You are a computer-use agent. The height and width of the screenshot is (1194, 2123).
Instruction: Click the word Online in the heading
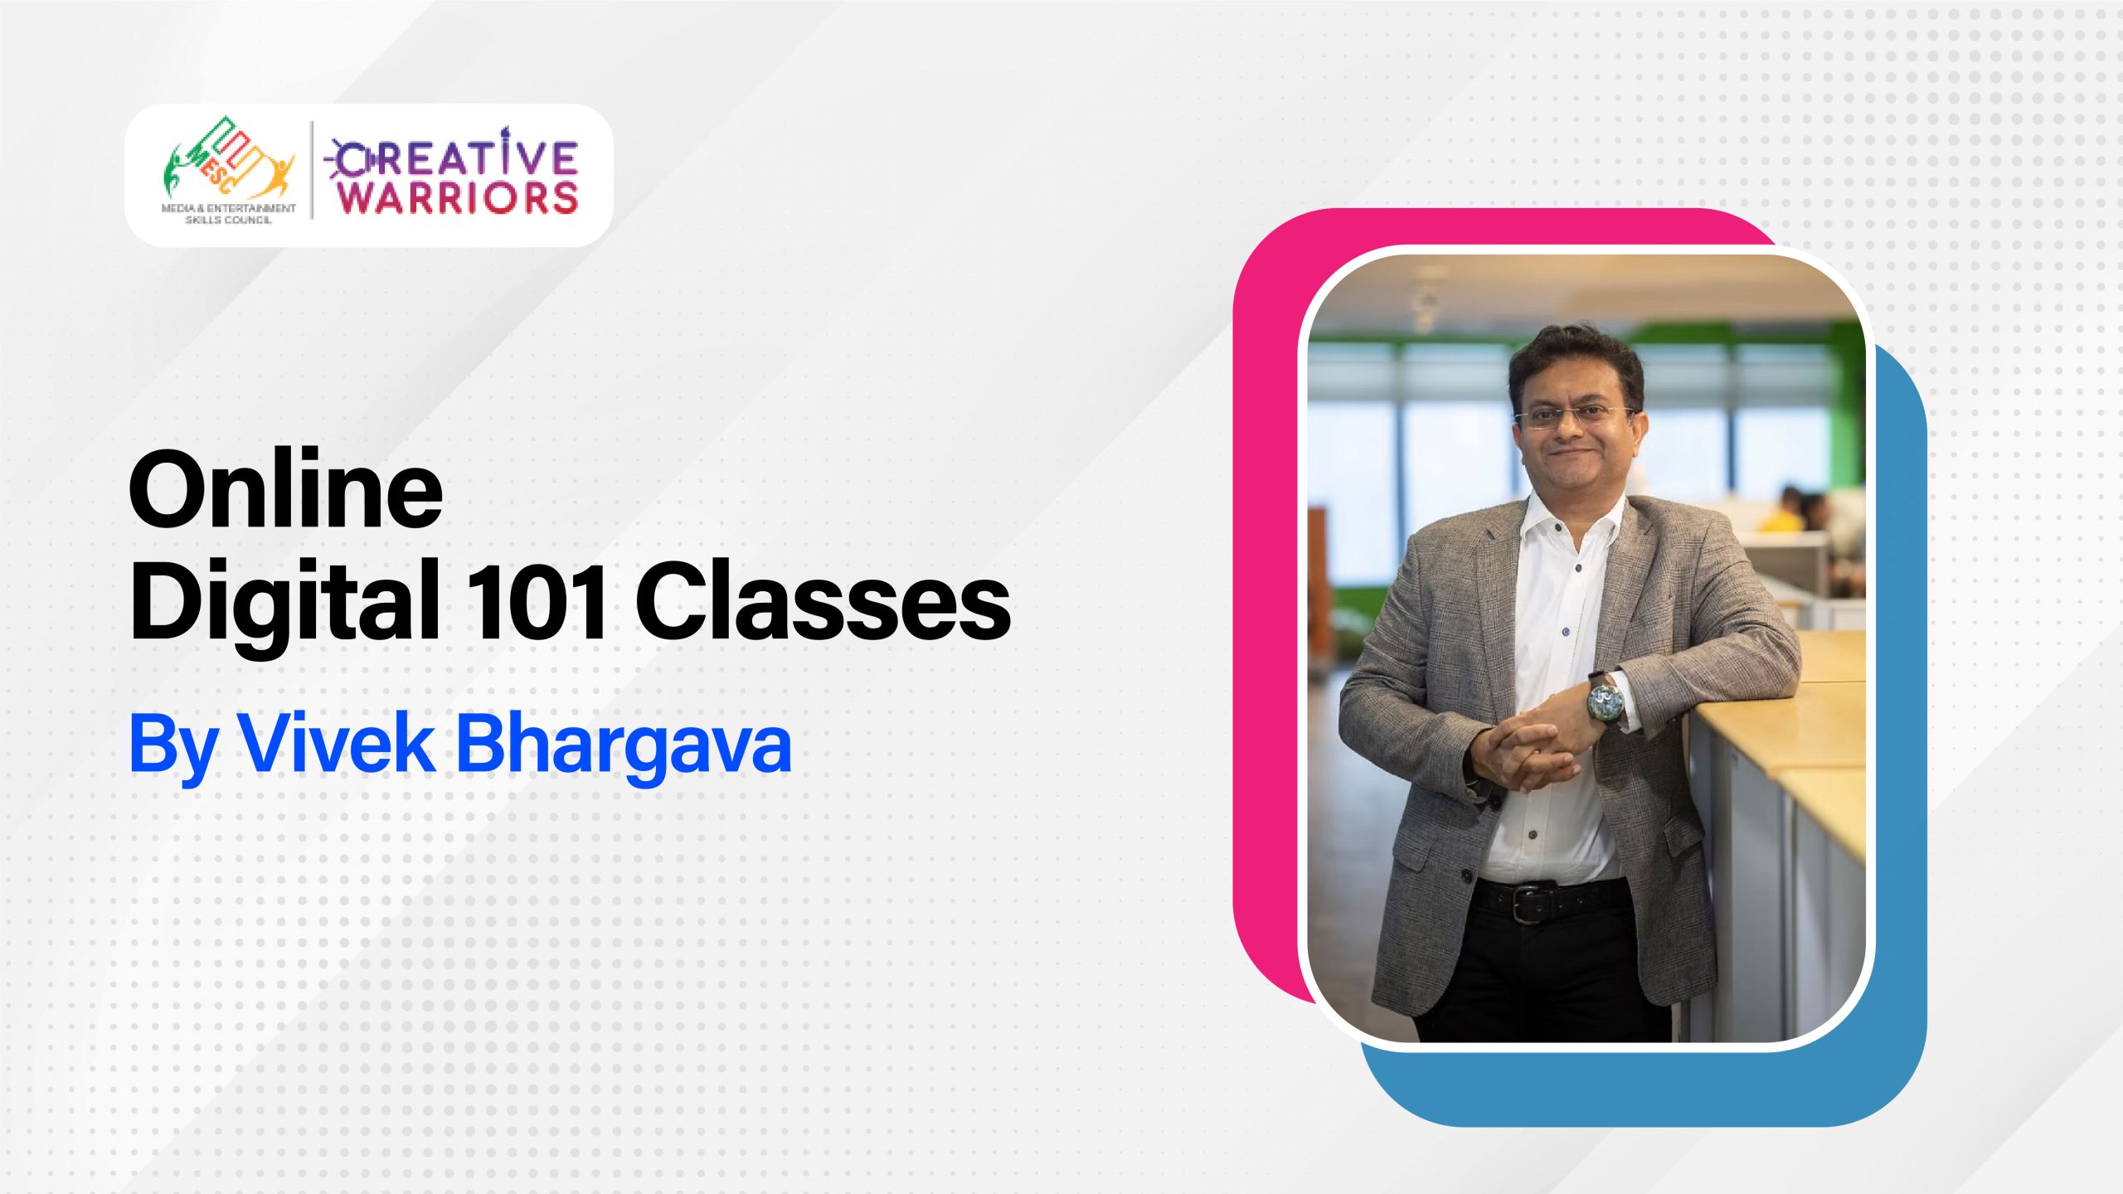[285, 491]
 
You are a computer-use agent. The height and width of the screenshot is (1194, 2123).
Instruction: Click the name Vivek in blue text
[336, 744]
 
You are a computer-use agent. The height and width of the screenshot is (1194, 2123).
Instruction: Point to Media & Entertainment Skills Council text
[228, 214]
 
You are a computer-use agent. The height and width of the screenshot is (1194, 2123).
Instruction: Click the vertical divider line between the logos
[313, 171]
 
